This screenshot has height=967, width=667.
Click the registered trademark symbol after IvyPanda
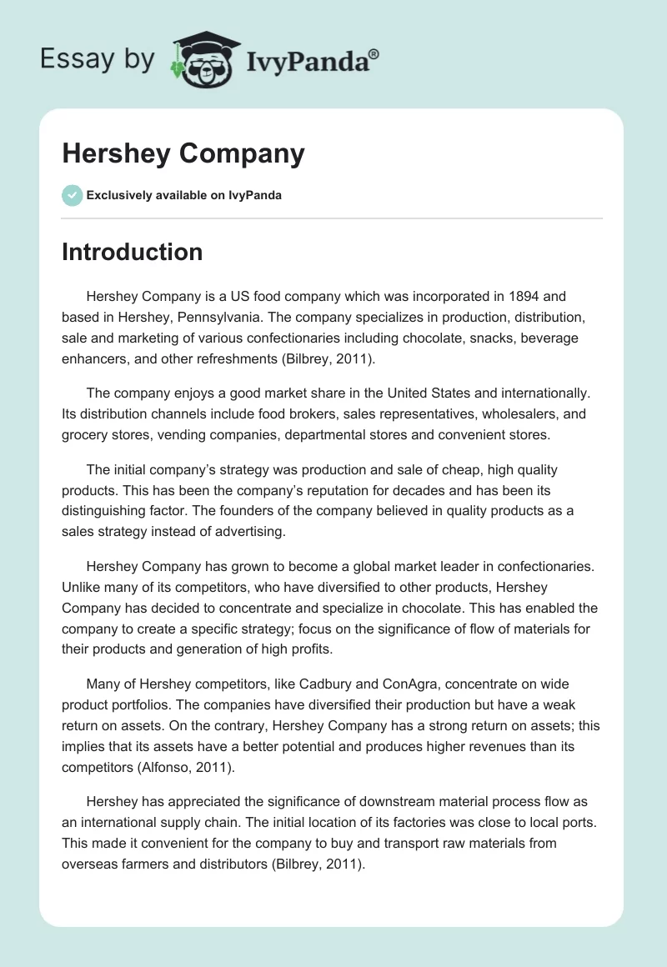tap(374, 55)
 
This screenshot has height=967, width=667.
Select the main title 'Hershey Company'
tap(183, 154)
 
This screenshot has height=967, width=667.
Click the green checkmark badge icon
tap(72, 195)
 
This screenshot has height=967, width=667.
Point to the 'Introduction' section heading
tap(132, 252)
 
